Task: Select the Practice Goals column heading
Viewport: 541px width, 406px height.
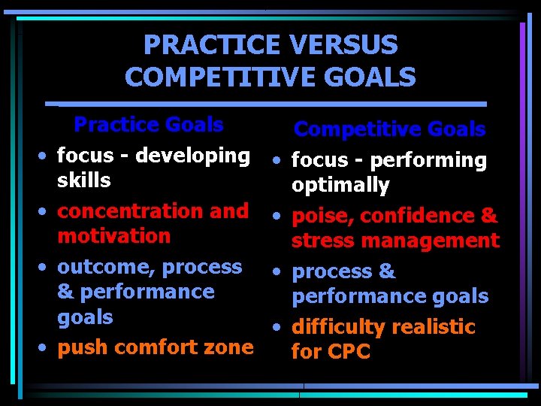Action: coord(148,124)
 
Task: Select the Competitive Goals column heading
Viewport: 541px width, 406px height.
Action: coord(389,129)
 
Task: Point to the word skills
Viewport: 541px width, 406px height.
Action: coord(83,180)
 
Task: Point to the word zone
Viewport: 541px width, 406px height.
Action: coord(228,347)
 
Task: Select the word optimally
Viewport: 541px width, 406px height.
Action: coord(340,185)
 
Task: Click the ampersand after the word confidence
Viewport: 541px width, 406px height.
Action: coord(488,217)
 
